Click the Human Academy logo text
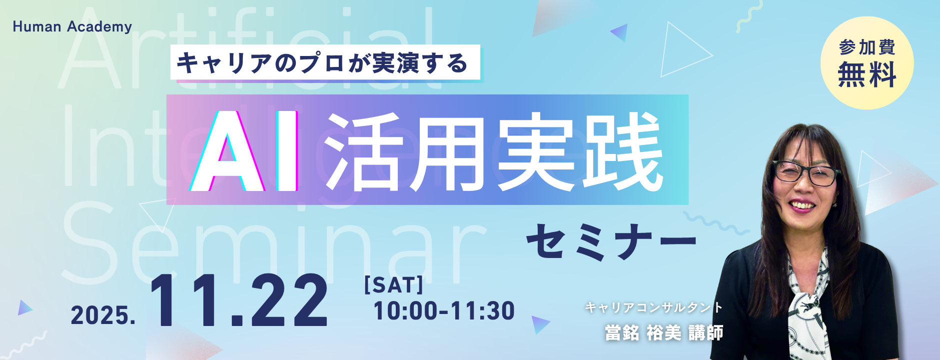coord(72,26)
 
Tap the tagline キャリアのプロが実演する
coord(322,63)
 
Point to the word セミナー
coord(612,241)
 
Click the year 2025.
coord(103,315)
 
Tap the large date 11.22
coord(239,300)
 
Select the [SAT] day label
coord(394,285)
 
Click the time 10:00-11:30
coord(444,311)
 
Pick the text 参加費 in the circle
coord(867,47)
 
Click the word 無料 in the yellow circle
coord(867,74)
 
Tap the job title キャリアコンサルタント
coord(654,307)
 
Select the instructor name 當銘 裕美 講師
coord(664,333)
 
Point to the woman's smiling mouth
coord(803,205)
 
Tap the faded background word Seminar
coord(274,243)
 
